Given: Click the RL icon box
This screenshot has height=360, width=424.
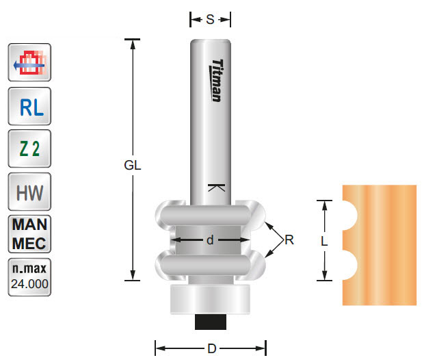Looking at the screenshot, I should tap(29, 107).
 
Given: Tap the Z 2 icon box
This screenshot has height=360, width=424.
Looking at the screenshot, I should tap(29, 149).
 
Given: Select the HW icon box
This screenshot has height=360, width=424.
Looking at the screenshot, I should tap(29, 192).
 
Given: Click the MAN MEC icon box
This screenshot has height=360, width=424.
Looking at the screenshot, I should tap(29, 234).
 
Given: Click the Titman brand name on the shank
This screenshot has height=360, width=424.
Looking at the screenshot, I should tap(215, 81).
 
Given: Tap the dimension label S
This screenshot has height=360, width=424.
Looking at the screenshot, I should tap(210, 20).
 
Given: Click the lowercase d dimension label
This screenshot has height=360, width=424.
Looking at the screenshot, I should tap(210, 240).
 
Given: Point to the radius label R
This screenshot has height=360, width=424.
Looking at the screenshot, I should tap(289, 240).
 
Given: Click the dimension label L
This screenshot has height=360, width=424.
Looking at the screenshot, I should tap(324, 241).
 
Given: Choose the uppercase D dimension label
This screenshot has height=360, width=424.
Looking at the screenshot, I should tap(211, 349).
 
